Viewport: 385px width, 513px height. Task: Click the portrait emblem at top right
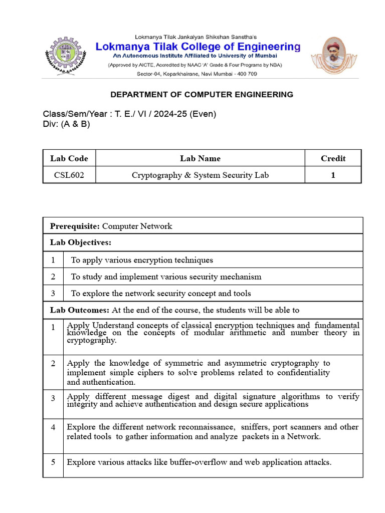(330, 55)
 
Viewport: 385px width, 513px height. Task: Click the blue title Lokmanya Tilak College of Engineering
(198, 47)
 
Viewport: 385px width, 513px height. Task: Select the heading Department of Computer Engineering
(202, 94)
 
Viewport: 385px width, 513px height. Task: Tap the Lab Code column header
(69, 158)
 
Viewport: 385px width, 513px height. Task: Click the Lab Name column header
(200, 158)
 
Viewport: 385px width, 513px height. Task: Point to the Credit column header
(333, 158)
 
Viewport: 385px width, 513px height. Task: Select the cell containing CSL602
(69, 175)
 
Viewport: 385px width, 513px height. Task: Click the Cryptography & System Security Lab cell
(200, 175)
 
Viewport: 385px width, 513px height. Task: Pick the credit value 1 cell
(333, 175)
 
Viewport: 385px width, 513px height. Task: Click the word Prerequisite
(75, 226)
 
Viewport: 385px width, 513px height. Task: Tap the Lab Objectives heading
(80, 242)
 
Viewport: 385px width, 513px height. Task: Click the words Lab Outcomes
(79, 310)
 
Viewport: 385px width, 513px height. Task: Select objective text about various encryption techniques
(142, 260)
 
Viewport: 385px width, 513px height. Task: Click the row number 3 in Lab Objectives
(53, 293)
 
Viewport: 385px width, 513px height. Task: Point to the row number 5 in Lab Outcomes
(53, 462)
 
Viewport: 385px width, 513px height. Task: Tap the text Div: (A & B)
(67, 124)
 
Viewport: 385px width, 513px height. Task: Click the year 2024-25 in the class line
(170, 114)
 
